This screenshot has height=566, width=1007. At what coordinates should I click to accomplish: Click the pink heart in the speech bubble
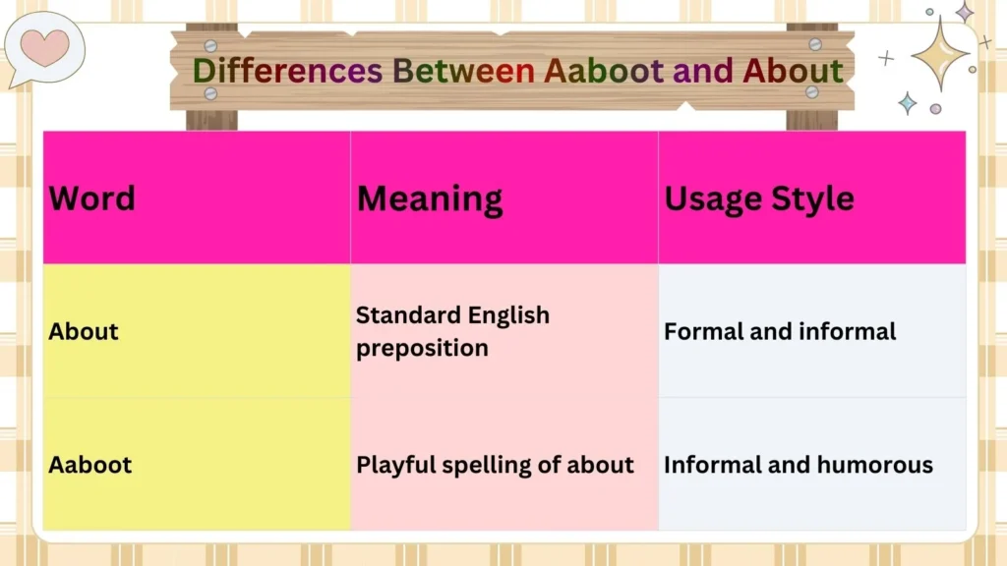click(x=44, y=45)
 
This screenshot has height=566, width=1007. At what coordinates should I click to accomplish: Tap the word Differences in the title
click(x=286, y=71)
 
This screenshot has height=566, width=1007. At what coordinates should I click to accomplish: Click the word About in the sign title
click(x=793, y=71)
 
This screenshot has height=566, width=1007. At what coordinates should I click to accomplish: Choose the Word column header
click(x=91, y=198)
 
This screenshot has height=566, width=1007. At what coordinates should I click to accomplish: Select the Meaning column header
click(x=430, y=198)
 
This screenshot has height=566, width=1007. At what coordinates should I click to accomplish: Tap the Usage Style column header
click(x=759, y=198)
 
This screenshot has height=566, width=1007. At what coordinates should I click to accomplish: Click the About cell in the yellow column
click(x=84, y=331)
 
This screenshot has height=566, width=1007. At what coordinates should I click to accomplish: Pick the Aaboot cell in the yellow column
click(x=89, y=465)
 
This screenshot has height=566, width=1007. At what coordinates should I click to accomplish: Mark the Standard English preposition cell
click(x=452, y=331)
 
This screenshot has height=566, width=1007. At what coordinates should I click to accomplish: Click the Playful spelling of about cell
click(x=495, y=465)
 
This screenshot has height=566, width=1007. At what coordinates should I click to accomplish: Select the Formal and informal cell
click(x=780, y=331)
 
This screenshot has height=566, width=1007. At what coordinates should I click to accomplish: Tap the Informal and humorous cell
click(x=798, y=465)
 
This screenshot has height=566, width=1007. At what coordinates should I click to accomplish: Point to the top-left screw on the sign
click(x=210, y=45)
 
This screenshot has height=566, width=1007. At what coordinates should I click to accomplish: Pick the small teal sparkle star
click(x=907, y=103)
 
